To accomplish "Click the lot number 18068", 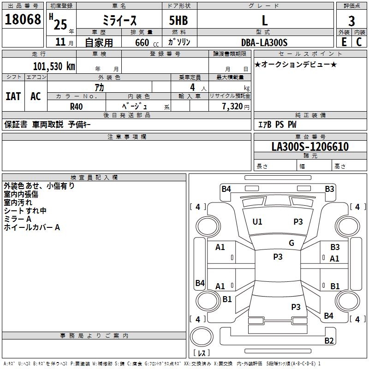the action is (x=23, y=19).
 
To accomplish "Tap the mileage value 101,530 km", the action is (x=54, y=66).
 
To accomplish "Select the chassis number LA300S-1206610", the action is (x=310, y=147).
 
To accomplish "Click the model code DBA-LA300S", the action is (x=264, y=42).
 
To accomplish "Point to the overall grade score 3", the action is (x=351, y=21).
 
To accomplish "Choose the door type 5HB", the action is (x=179, y=20).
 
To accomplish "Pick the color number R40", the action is (x=76, y=107).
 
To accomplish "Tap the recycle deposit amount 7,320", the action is (x=232, y=107).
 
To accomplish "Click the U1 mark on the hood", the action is (x=257, y=222).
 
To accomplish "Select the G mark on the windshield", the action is (x=292, y=243).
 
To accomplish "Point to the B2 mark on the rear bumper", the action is (x=329, y=340).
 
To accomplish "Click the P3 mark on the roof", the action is (x=278, y=257).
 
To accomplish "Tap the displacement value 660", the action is (x=142, y=43).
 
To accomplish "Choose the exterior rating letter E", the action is (x=344, y=42).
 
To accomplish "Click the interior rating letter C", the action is (x=359, y=42).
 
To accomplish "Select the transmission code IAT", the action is (x=13, y=96).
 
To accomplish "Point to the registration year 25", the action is (x=60, y=25).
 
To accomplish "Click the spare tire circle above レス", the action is (x=202, y=337).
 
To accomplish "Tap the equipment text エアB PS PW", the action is (x=277, y=124).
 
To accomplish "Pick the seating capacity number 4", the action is (x=192, y=88).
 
